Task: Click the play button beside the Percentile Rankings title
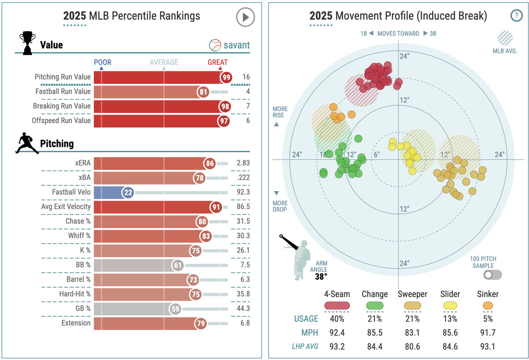coord(245,18)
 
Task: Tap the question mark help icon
coord(516,16)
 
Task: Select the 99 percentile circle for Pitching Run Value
coord(227,77)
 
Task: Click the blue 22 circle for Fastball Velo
coord(128,192)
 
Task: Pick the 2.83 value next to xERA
coord(242,163)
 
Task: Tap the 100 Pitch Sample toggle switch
coord(492,275)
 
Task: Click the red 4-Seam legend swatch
coord(337,305)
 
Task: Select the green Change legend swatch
coord(375,305)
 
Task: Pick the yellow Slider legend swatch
coord(450,305)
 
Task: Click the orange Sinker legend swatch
coord(488,305)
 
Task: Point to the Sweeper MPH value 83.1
coord(413,333)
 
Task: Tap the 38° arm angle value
coord(321,277)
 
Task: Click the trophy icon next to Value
coord(27,43)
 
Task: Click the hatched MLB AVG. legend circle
coord(505,38)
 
